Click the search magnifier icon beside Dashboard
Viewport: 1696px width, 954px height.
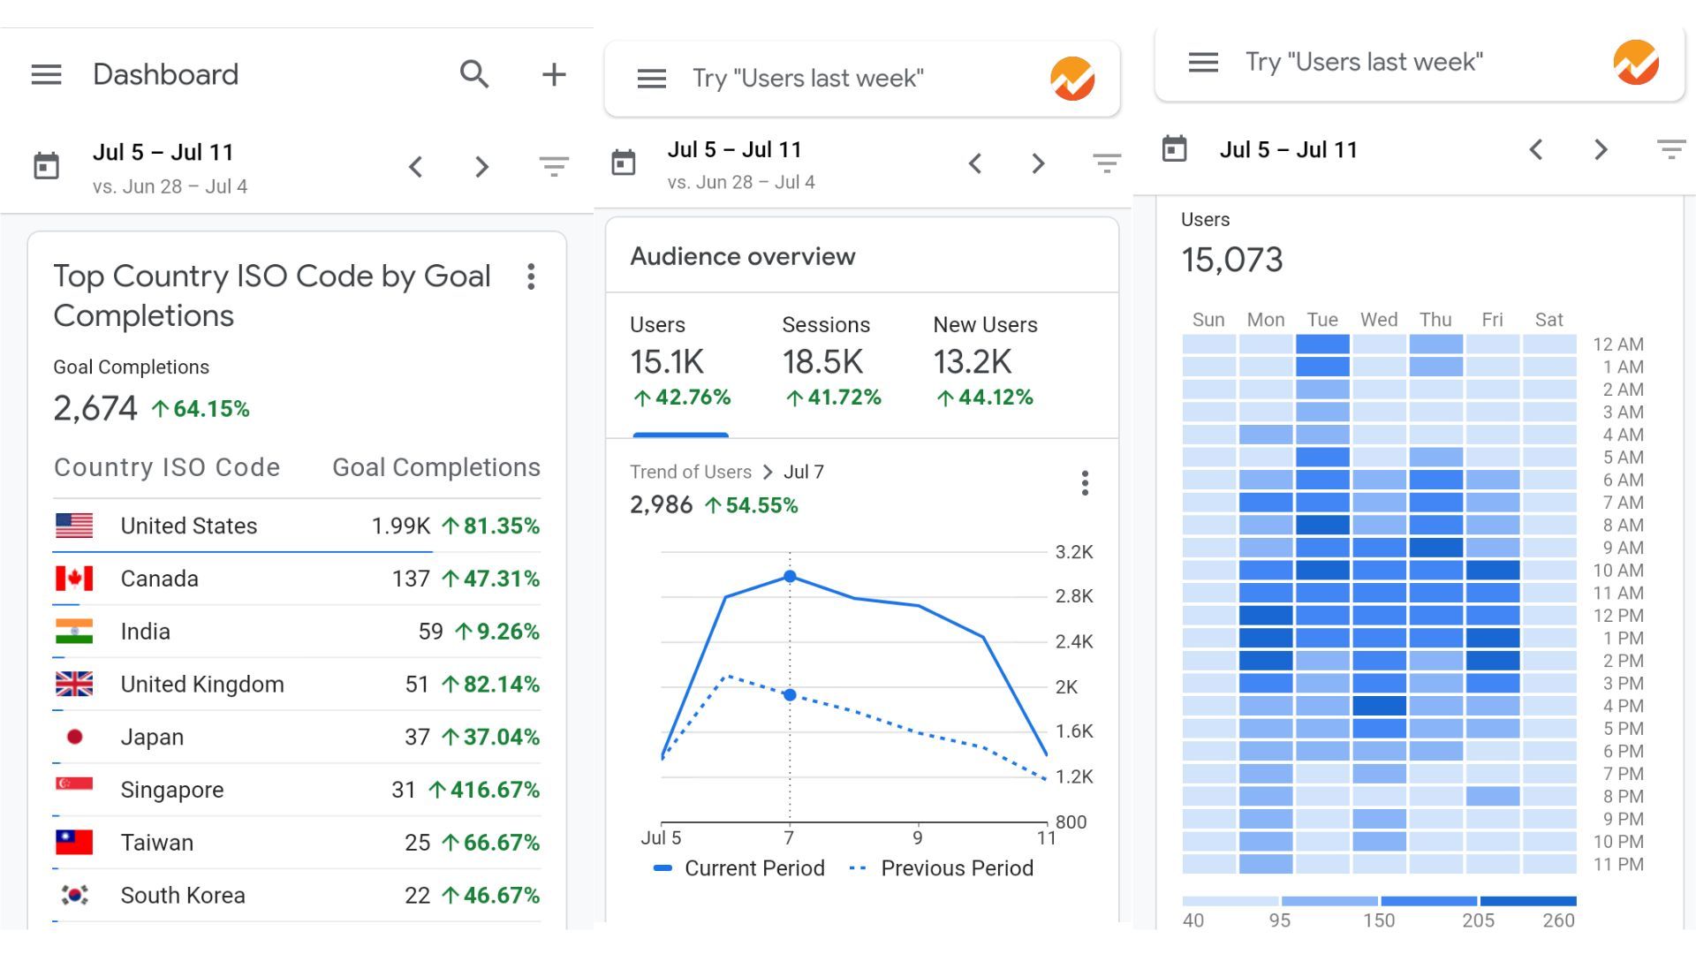click(x=474, y=74)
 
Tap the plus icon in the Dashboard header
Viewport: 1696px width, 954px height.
click(x=554, y=74)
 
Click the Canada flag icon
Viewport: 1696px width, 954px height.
click(x=74, y=579)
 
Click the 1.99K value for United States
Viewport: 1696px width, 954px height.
click(x=400, y=526)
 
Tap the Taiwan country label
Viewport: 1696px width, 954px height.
click(x=156, y=843)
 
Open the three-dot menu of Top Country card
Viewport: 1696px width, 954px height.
click(x=531, y=276)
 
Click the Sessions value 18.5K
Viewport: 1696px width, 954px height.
click(x=821, y=362)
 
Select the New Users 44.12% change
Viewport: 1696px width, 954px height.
click(x=985, y=397)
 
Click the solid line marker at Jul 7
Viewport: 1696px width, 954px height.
click(x=790, y=577)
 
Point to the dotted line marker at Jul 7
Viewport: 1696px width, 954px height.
click(x=790, y=695)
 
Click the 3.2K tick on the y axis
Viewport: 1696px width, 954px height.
click(x=1074, y=552)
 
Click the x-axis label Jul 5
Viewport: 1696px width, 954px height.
click(x=661, y=837)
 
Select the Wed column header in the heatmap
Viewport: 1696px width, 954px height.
click(x=1378, y=320)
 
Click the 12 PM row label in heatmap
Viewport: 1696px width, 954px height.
click(x=1617, y=616)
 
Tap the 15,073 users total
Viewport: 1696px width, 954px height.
click(x=1231, y=260)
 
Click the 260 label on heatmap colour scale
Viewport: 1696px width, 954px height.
click(x=1558, y=920)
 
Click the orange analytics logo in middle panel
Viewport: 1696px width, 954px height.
click(x=1072, y=79)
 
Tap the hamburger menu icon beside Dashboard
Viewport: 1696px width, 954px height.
click(x=47, y=74)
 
